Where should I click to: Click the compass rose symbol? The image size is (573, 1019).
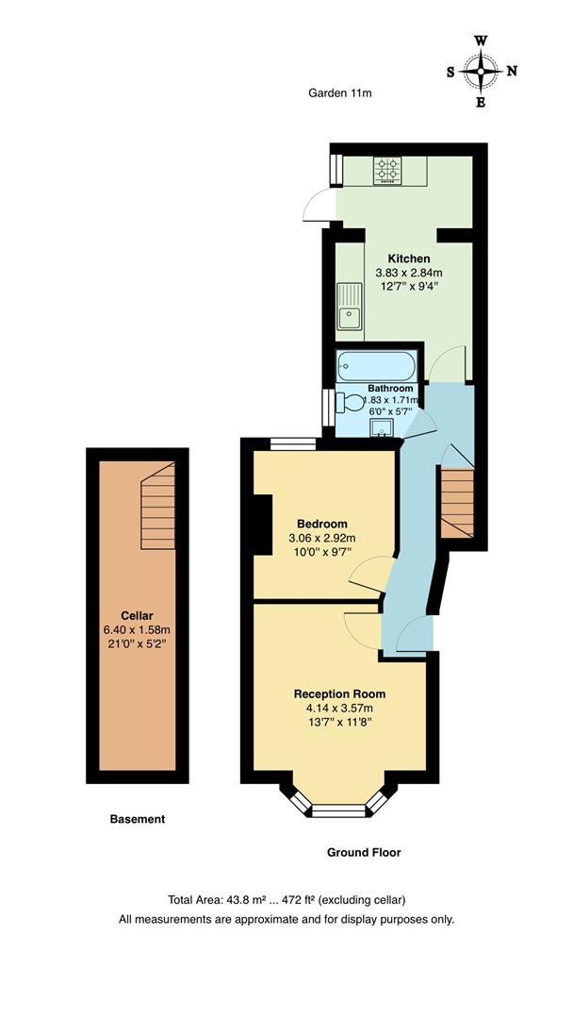pyautogui.click(x=482, y=71)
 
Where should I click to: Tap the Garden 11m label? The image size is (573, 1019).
pyautogui.click(x=340, y=92)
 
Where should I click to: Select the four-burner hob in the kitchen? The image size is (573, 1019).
pyautogui.click(x=386, y=169)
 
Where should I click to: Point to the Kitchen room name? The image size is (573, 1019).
pyautogui.click(x=409, y=259)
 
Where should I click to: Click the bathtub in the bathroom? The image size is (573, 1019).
pyautogui.click(x=373, y=364)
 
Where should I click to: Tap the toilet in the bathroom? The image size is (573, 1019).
pyautogui.click(x=350, y=403)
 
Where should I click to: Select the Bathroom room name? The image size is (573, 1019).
pyautogui.click(x=390, y=388)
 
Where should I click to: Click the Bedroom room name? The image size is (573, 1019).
pyautogui.click(x=322, y=524)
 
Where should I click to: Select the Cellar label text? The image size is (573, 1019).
pyautogui.click(x=137, y=615)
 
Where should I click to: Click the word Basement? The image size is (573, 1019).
pyautogui.click(x=138, y=819)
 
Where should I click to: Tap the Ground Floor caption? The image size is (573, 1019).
pyautogui.click(x=364, y=852)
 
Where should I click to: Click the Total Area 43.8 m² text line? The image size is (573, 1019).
pyautogui.click(x=286, y=899)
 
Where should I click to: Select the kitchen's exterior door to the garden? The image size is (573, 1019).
pyautogui.click(x=319, y=205)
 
